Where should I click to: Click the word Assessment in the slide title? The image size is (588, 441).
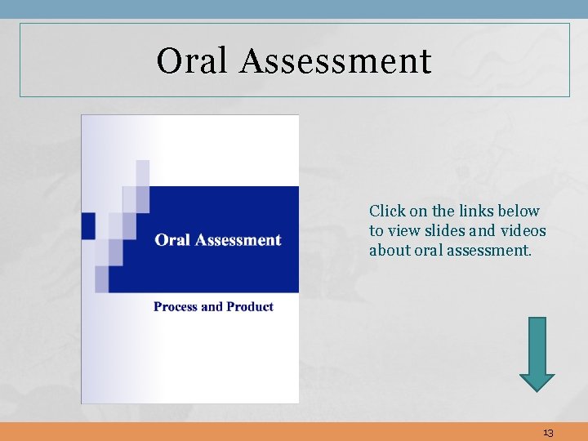(x=335, y=60)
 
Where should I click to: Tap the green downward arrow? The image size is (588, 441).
(x=537, y=351)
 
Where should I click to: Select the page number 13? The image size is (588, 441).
(x=547, y=433)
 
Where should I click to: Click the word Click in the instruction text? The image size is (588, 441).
(x=387, y=211)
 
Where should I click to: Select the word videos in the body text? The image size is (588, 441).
(x=521, y=230)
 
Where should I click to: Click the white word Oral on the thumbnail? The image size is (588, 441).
(x=172, y=240)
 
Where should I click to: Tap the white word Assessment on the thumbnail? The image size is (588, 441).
(x=238, y=240)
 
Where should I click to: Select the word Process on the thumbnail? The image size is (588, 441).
(x=176, y=307)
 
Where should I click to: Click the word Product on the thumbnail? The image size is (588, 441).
(x=250, y=307)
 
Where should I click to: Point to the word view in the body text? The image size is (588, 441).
(x=403, y=230)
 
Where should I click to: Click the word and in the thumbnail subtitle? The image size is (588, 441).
(x=212, y=307)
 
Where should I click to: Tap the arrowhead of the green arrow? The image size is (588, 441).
(x=537, y=381)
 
